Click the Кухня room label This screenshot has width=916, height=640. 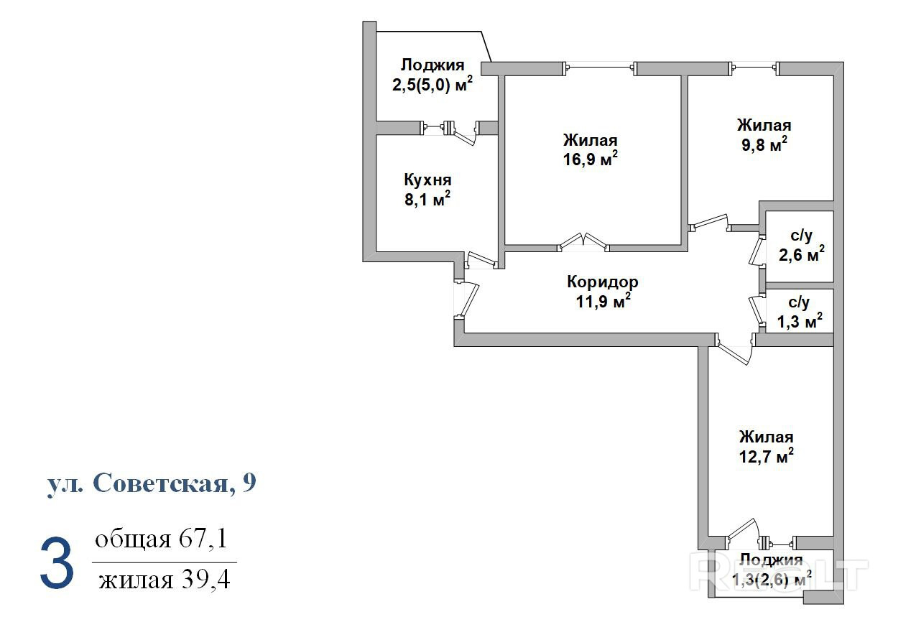(427, 180)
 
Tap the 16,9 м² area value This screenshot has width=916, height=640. (590, 159)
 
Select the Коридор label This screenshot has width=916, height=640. (602, 282)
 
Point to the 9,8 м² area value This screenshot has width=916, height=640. (764, 144)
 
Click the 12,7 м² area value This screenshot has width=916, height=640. (767, 456)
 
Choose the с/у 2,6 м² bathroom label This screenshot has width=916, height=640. (801, 246)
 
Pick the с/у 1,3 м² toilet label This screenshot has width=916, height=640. (800, 312)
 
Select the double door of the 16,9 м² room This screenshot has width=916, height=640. (583, 243)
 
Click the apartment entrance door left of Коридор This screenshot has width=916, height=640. (466, 300)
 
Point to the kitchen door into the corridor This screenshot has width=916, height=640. (482, 260)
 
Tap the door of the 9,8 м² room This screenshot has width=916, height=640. (710, 223)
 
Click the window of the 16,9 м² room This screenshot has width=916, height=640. (600, 68)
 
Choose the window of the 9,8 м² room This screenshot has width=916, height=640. (755, 68)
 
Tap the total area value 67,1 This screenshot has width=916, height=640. (202, 539)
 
